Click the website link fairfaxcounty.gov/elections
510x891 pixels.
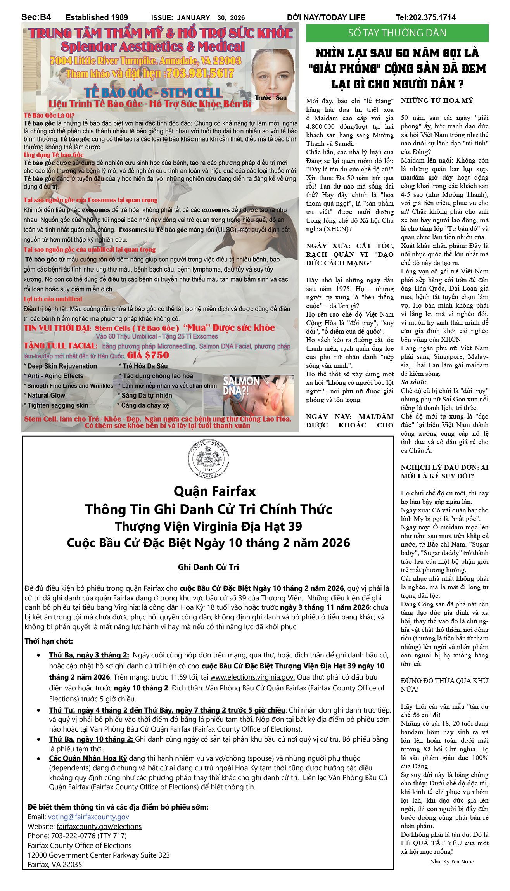point(99,826)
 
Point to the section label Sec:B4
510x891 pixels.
point(36,17)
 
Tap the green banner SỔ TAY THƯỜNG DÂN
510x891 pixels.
point(397,33)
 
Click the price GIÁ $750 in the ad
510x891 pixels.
point(148,355)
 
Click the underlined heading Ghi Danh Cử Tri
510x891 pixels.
point(208,567)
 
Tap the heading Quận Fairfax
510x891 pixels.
point(214,491)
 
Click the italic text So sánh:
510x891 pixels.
point(413,382)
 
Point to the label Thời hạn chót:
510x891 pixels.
point(49,641)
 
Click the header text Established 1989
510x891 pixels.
point(97,17)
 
